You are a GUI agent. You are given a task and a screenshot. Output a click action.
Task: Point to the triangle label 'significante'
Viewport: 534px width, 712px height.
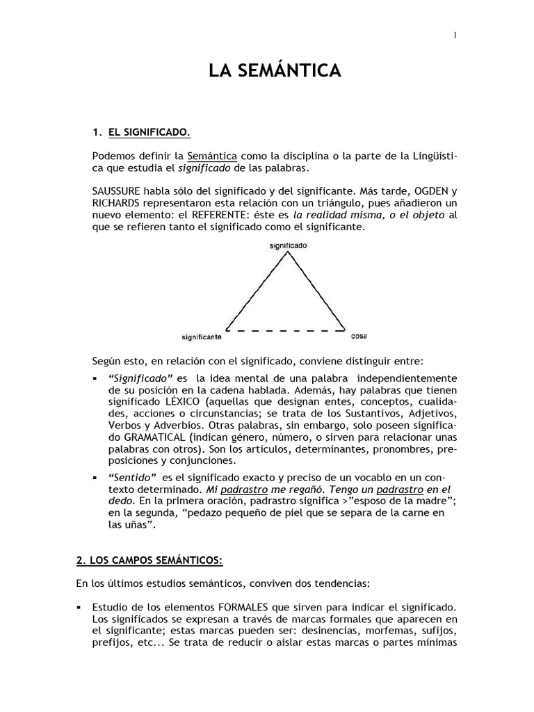click(201, 337)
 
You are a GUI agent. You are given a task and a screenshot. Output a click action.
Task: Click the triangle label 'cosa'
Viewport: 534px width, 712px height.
click(359, 336)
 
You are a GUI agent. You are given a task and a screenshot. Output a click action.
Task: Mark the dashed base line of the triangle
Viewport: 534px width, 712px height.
click(285, 330)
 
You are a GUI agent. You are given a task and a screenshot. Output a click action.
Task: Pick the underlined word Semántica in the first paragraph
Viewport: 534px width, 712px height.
click(213, 154)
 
